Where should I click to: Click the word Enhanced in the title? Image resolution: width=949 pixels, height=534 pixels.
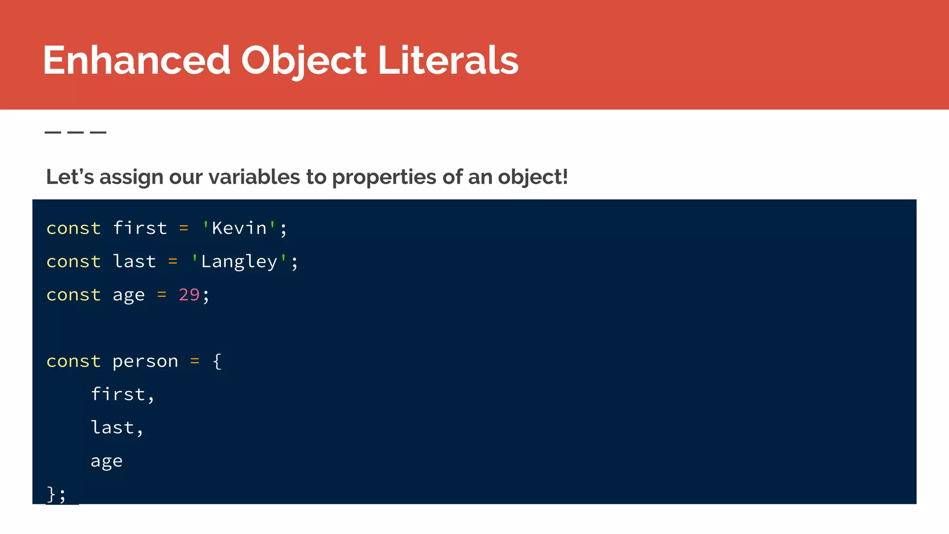pos(137,60)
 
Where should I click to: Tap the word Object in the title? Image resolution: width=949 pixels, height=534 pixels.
pos(304,60)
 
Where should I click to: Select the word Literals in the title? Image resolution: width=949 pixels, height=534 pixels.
pos(448,60)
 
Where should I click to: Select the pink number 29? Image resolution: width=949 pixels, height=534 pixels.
pos(189,295)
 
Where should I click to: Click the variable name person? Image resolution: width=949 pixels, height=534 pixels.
pos(145,361)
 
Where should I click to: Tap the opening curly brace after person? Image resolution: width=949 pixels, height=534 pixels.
pos(217,361)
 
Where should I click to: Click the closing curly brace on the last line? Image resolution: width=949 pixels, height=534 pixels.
pos(51,494)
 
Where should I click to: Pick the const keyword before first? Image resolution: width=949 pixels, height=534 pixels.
pos(74,228)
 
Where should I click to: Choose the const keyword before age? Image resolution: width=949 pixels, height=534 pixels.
pos(74,295)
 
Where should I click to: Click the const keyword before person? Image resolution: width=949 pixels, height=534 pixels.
pos(74,361)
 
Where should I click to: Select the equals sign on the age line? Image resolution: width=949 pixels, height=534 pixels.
pos(162,295)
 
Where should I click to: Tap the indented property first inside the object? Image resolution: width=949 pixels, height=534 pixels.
pos(118,394)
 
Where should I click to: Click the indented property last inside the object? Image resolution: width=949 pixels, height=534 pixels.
pos(113,427)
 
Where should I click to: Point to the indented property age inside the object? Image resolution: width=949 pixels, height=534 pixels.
pos(107,461)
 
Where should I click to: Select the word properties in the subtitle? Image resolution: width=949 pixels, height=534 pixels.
pos(384,177)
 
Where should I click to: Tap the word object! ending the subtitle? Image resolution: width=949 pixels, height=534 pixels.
pos(533,177)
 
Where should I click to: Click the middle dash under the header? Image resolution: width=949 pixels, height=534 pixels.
pos(76,133)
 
